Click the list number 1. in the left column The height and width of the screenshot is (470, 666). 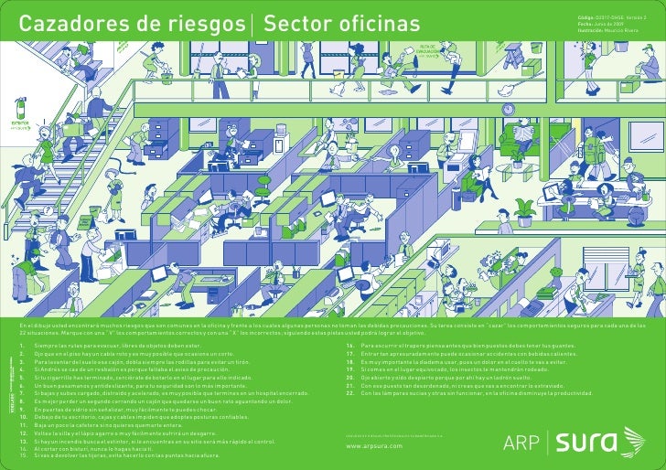coord(22,347)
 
